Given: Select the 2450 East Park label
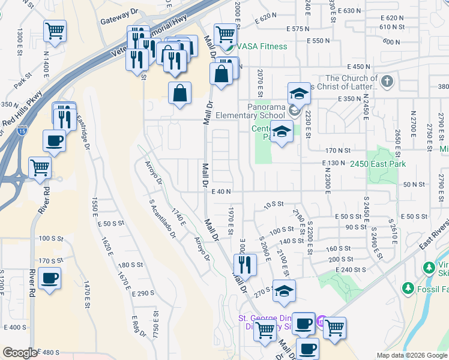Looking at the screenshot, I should coord(378,164).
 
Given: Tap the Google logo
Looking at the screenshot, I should coord(20,353).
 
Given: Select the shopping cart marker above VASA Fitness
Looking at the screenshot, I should coord(225,34).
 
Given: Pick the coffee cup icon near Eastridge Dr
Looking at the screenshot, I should coord(54,141).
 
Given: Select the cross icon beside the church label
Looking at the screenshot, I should coord(387,81).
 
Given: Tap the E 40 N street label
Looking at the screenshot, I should coord(221,191).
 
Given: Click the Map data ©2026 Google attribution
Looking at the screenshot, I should coord(412,355).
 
